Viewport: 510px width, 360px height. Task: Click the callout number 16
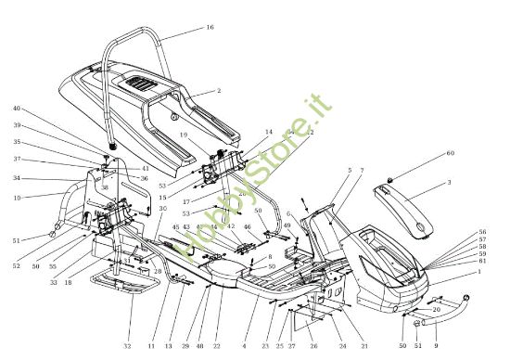tap(210, 29)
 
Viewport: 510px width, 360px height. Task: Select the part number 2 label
tap(218, 92)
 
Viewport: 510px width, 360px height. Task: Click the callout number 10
tap(17, 197)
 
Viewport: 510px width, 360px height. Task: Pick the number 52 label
tap(16, 266)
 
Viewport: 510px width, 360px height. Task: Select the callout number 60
tap(451, 153)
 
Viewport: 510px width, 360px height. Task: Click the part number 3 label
tap(449, 184)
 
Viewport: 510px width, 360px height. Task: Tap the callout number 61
tap(481, 262)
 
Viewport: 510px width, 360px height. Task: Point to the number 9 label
tap(435, 346)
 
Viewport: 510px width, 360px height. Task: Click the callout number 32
tap(126, 346)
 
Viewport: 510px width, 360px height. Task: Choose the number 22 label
tap(216, 346)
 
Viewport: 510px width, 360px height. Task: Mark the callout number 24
tap(341, 346)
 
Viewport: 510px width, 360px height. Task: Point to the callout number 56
tap(481, 231)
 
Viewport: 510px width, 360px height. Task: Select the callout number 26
tap(312, 346)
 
